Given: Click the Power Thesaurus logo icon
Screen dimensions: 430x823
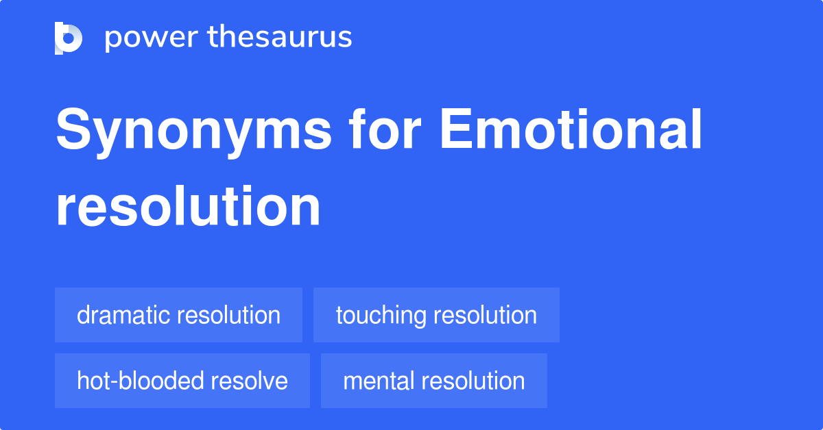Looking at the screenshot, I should coord(69,38).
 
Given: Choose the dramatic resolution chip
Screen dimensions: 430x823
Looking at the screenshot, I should coord(178,315).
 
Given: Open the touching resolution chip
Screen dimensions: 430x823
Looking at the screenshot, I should coord(436,315).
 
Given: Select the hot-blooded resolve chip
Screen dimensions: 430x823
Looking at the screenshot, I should coord(182,381).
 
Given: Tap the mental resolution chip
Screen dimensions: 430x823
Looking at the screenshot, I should coord(434,381).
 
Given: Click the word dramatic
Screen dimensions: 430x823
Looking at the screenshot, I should coord(123,315).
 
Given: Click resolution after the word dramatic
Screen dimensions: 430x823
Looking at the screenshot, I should coord(228,315).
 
